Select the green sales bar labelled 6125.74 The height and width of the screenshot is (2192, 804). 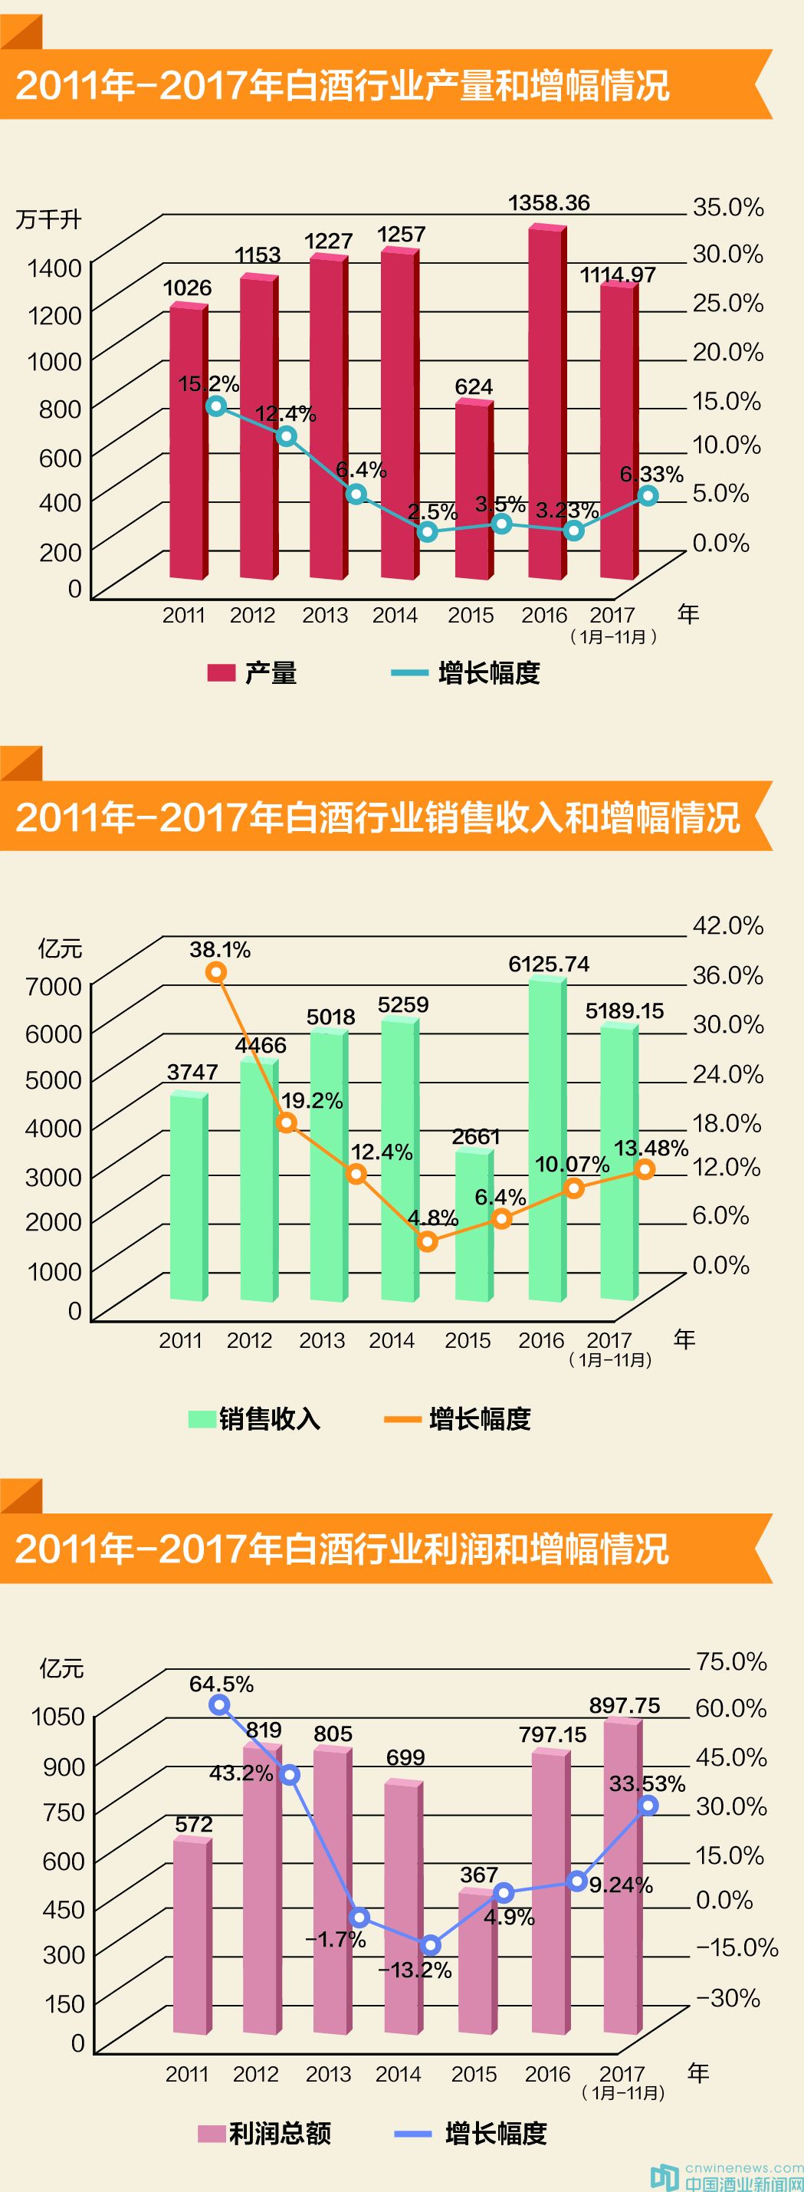(x=547, y=1140)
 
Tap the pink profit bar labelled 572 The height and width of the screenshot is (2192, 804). (x=192, y=1936)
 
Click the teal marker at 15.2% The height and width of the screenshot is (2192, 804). (x=217, y=406)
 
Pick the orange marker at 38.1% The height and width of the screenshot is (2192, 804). (x=217, y=971)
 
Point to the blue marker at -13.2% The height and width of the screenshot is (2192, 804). (x=431, y=1945)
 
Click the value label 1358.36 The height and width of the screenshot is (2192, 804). (x=549, y=203)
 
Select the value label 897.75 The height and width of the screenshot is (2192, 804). (x=625, y=1704)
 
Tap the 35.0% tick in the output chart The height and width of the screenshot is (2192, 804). (x=727, y=207)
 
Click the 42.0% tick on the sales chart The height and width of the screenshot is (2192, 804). (x=727, y=925)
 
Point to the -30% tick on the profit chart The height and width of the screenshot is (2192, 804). (x=727, y=1998)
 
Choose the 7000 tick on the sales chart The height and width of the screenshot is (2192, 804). (x=54, y=985)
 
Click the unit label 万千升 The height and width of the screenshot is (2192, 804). (x=48, y=219)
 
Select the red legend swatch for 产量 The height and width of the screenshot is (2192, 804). (x=222, y=673)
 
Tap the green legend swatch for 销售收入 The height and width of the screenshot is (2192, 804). (x=202, y=1418)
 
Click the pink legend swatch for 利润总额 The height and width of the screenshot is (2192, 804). (x=211, y=2133)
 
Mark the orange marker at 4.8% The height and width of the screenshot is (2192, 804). (x=428, y=1241)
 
